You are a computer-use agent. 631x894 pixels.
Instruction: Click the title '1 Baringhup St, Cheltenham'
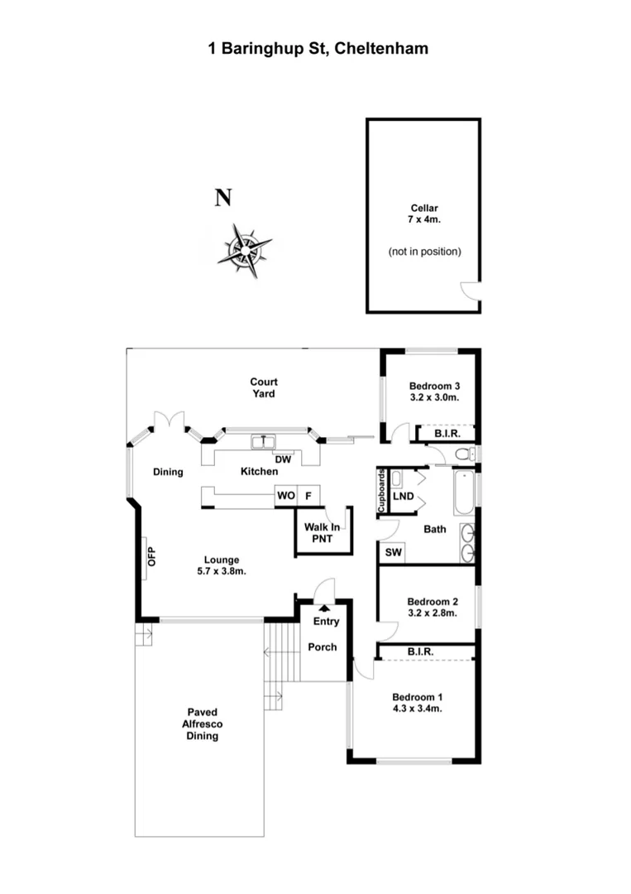pyautogui.click(x=318, y=49)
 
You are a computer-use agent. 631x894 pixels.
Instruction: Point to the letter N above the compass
pyautogui.click(x=223, y=198)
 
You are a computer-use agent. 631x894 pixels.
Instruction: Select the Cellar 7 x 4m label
pyautogui.click(x=424, y=214)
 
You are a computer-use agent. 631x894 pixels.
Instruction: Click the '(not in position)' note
pyautogui.click(x=424, y=251)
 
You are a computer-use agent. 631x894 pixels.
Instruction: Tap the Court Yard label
pyautogui.click(x=264, y=387)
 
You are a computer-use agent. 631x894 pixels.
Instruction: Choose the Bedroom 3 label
pyautogui.click(x=434, y=391)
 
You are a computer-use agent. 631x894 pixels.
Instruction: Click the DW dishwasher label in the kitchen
pyautogui.click(x=283, y=459)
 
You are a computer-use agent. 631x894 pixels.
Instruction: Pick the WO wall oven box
pyautogui.click(x=285, y=496)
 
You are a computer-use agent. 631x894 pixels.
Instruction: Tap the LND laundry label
pyautogui.click(x=404, y=497)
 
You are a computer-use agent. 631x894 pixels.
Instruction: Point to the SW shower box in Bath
pyautogui.click(x=392, y=552)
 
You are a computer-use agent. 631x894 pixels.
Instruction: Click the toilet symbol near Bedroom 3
pyautogui.click(x=466, y=453)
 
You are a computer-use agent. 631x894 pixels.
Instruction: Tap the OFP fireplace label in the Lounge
pyautogui.click(x=151, y=556)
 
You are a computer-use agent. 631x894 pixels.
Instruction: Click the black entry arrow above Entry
pyautogui.click(x=324, y=608)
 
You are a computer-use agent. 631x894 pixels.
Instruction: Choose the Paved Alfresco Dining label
pyautogui.click(x=201, y=723)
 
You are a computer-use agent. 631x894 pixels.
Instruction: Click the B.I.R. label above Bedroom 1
pyautogui.click(x=420, y=652)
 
